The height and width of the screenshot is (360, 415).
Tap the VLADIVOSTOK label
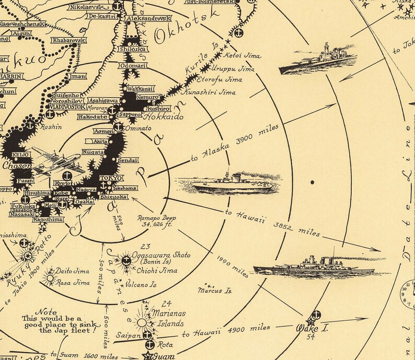(67, 107)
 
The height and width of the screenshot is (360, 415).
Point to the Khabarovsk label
(68, 40)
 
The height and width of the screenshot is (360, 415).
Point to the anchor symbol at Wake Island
(316, 315)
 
